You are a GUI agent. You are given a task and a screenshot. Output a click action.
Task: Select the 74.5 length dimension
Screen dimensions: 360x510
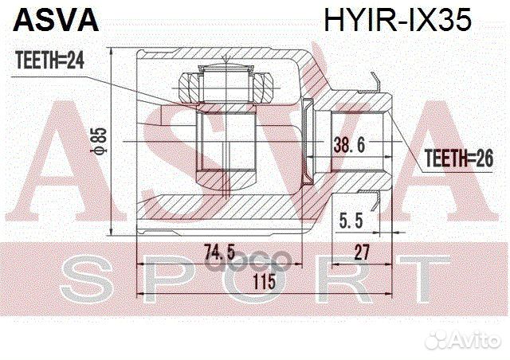tap(219, 253)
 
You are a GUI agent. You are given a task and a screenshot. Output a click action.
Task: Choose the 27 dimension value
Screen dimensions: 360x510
tap(363, 253)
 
